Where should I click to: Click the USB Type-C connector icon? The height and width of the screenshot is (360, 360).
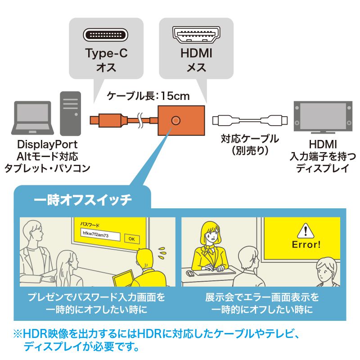(106, 35)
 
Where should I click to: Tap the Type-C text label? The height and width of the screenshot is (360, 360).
(106, 54)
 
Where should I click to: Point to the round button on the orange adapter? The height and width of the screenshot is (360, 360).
(176, 120)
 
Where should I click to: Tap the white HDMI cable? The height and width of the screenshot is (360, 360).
(248, 121)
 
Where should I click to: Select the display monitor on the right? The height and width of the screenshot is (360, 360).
(323, 117)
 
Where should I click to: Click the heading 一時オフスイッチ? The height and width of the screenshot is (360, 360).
(83, 200)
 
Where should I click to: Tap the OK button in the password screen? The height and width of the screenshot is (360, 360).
(131, 239)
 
